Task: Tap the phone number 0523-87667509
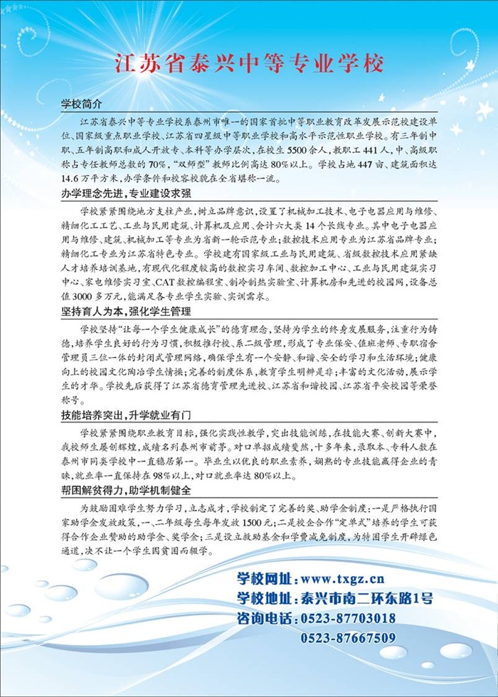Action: click(348, 638)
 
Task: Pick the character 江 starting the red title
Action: click(125, 63)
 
